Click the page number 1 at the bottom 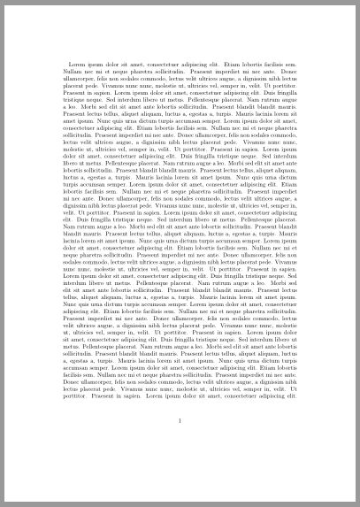(x=180, y=431)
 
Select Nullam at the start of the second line (x=73, y=71)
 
